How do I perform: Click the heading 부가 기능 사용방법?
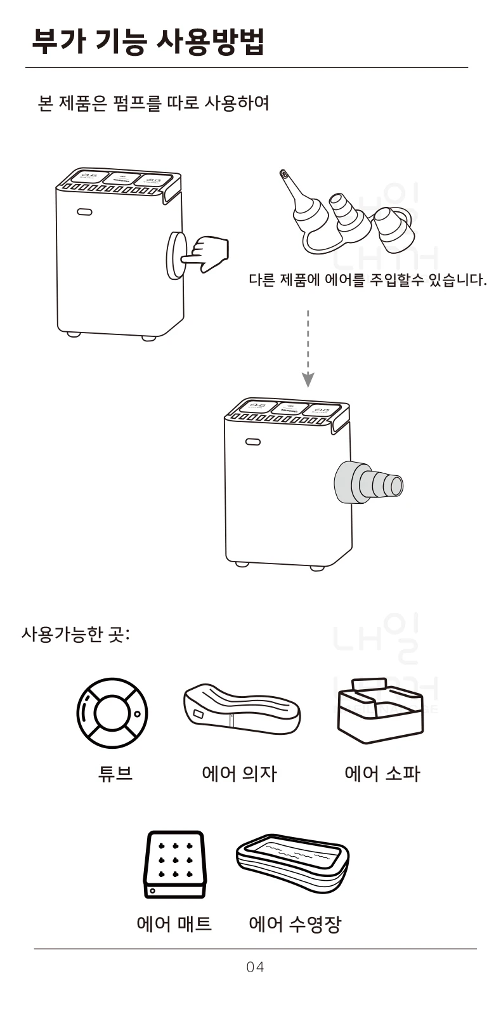coord(148,41)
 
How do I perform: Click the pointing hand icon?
coord(207,253)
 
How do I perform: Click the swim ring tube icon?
coord(112,713)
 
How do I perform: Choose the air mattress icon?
coord(175,864)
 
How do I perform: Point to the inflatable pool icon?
coord(292,863)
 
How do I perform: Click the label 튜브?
coord(115,774)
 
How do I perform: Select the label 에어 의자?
coord(239,774)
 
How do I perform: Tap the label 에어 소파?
coord(382,774)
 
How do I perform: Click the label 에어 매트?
coord(174,923)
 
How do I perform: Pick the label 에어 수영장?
coord(294,923)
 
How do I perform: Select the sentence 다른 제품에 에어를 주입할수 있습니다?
coord(368,280)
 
